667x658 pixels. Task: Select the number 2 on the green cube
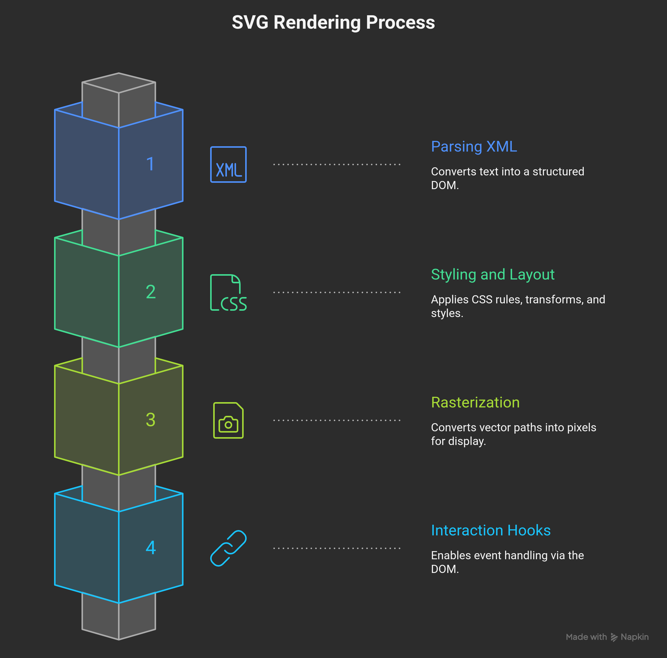tap(151, 292)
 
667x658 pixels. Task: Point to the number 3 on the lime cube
tap(151, 420)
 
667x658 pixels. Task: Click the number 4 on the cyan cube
tap(151, 548)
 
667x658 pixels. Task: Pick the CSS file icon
tap(228, 292)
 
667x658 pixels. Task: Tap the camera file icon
tap(228, 420)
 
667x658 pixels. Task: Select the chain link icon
tap(228, 548)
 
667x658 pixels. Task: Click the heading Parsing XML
tap(474, 147)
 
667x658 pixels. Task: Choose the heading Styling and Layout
tap(492, 275)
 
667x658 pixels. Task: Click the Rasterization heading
tap(475, 403)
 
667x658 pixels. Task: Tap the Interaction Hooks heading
tap(491, 531)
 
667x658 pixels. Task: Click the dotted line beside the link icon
tap(337, 548)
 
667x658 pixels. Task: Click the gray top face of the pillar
tap(119, 83)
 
